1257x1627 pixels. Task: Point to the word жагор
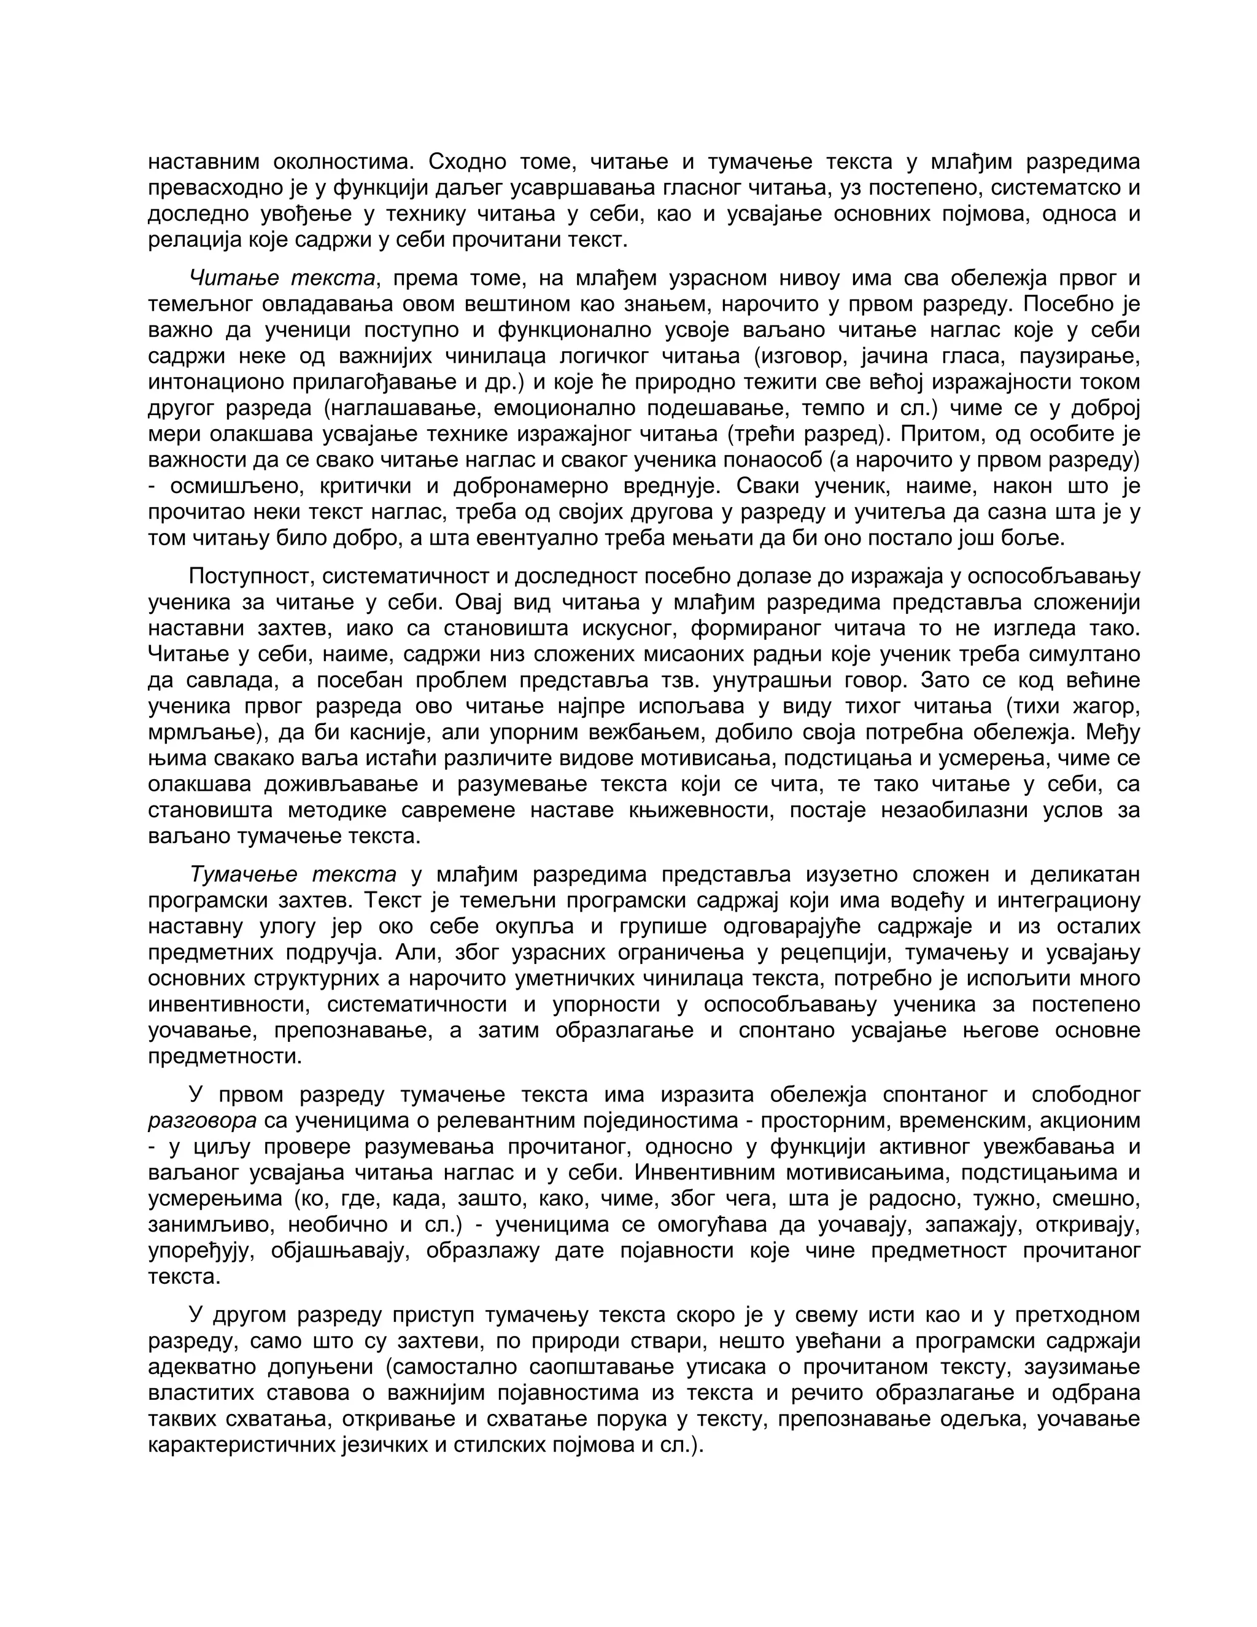pyautogui.click(x=1103, y=706)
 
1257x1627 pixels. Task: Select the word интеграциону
pyautogui.click(x=1069, y=900)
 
